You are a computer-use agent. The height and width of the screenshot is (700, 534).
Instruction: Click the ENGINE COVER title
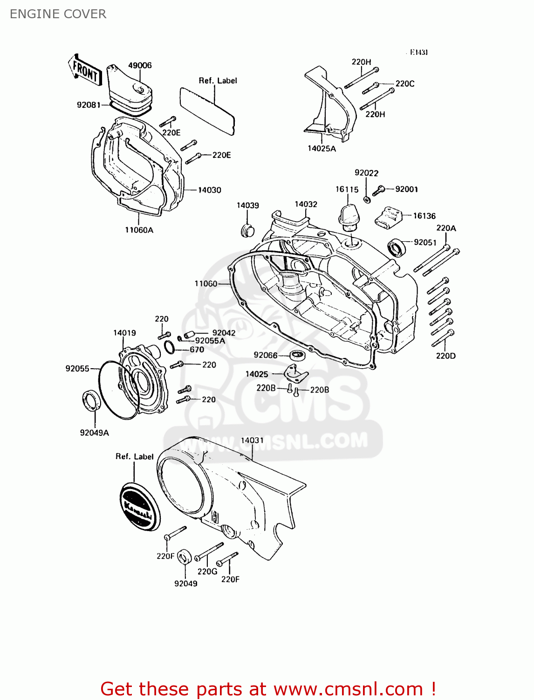click(x=58, y=14)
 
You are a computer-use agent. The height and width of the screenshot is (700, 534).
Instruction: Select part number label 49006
click(x=140, y=65)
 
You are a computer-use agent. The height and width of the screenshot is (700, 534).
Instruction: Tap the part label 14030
click(x=209, y=190)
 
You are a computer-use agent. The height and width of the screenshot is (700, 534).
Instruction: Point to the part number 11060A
click(x=139, y=230)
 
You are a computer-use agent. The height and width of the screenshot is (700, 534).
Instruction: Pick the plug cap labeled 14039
click(x=247, y=230)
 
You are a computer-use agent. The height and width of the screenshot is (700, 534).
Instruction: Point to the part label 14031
click(x=252, y=440)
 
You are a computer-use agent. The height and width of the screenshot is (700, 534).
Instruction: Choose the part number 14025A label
click(x=322, y=148)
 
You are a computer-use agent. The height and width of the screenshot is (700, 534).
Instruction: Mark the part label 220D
click(x=445, y=356)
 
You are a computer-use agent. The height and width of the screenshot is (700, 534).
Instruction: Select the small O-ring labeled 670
click(x=170, y=348)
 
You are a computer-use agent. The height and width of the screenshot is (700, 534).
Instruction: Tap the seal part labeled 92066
click(x=297, y=356)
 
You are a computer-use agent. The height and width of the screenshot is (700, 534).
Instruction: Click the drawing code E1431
click(x=419, y=52)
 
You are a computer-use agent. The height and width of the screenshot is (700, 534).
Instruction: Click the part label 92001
click(x=406, y=189)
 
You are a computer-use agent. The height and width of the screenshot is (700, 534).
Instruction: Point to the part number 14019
click(x=124, y=333)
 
